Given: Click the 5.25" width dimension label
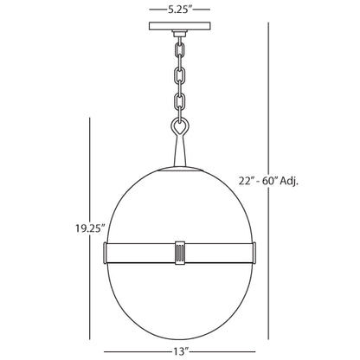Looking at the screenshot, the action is [179, 10].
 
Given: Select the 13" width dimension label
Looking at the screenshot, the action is [181, 351].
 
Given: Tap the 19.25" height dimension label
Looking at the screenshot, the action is [90, 228].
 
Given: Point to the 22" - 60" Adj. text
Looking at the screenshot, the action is [268, 181].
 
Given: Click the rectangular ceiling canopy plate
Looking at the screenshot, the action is [179, 26].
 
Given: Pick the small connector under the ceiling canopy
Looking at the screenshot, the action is [179, 34].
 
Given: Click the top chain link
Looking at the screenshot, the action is [179, 49].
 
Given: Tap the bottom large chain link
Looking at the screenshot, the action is [179, 101].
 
